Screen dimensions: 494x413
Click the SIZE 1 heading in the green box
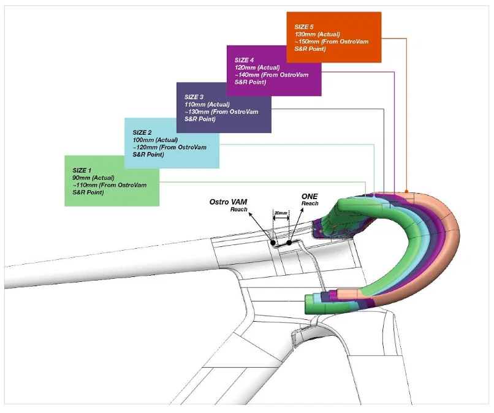point(82,170)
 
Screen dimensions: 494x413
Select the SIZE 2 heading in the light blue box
point(142,132)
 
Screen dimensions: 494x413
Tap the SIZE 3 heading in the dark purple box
point(194,97)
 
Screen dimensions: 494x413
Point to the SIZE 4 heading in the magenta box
point(244,60)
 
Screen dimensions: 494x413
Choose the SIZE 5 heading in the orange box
point(304,27)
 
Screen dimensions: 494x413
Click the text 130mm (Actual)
point(317,34)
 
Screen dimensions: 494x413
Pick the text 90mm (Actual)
point(93,178)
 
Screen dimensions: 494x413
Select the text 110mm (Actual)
point(207,105)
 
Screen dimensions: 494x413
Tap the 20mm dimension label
point(281,213)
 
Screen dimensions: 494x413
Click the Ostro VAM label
point(229,202)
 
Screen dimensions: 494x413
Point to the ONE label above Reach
point(310,197)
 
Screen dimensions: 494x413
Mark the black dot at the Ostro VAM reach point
point(273,243)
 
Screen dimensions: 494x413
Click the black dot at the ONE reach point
point(289,243)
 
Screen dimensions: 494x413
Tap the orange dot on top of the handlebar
point(406,192)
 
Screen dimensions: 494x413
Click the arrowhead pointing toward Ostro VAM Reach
point(251,215)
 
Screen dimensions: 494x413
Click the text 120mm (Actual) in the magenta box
point(257,68)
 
